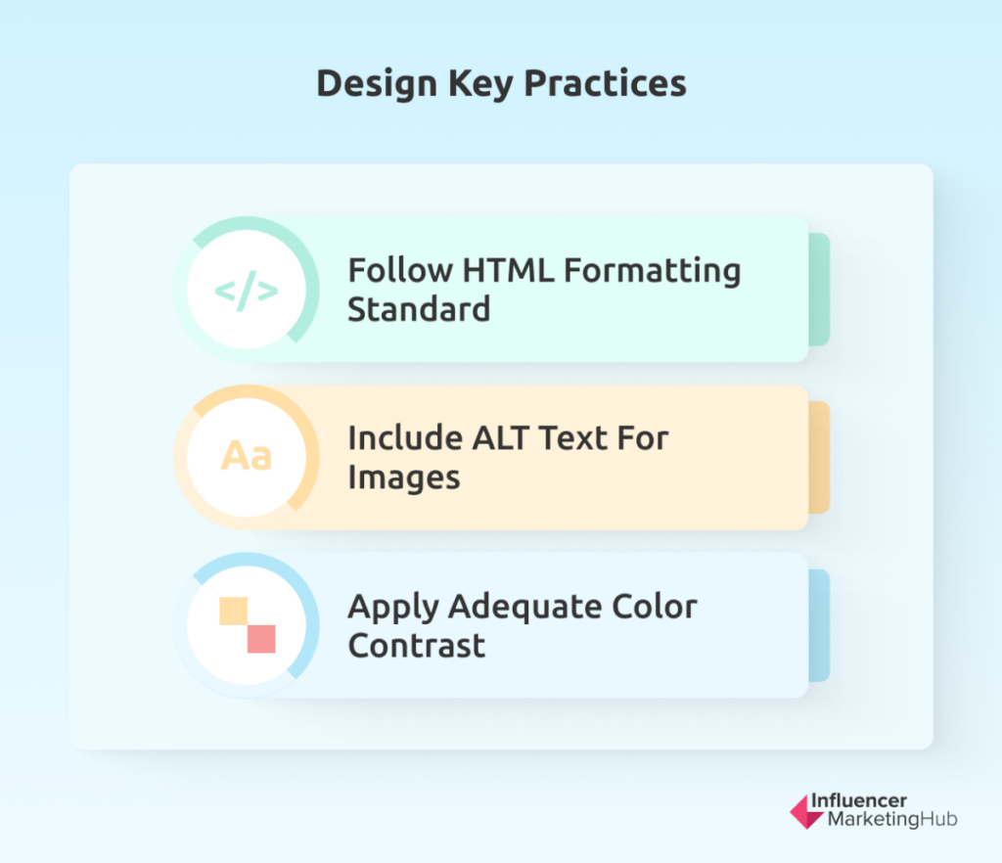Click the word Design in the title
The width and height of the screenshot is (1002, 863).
pos(377,84)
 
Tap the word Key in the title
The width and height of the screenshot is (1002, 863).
pos(480,84)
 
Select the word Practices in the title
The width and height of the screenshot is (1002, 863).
pos(605,84)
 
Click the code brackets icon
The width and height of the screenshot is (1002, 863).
pos(246,291)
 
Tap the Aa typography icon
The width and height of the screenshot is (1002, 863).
pos(246,456)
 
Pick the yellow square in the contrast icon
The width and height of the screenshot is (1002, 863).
pos(233,611)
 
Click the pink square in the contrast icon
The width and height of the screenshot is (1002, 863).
pos(261,639)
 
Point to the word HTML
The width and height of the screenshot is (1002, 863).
pos(508,271)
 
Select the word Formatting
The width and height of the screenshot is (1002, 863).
pos(653,272)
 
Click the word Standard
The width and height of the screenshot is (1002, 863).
pos(419,310)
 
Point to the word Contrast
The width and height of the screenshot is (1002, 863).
pos(417,646)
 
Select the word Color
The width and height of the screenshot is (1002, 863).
pos(655,607)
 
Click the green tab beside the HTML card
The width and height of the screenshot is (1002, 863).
pos(819,290)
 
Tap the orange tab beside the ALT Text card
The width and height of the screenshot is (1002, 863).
pos(819,457)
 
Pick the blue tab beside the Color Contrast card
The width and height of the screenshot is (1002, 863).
pos(819,625)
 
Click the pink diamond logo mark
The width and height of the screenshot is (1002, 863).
pos(805,812)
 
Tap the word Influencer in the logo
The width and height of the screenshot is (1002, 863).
pos(859,800)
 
